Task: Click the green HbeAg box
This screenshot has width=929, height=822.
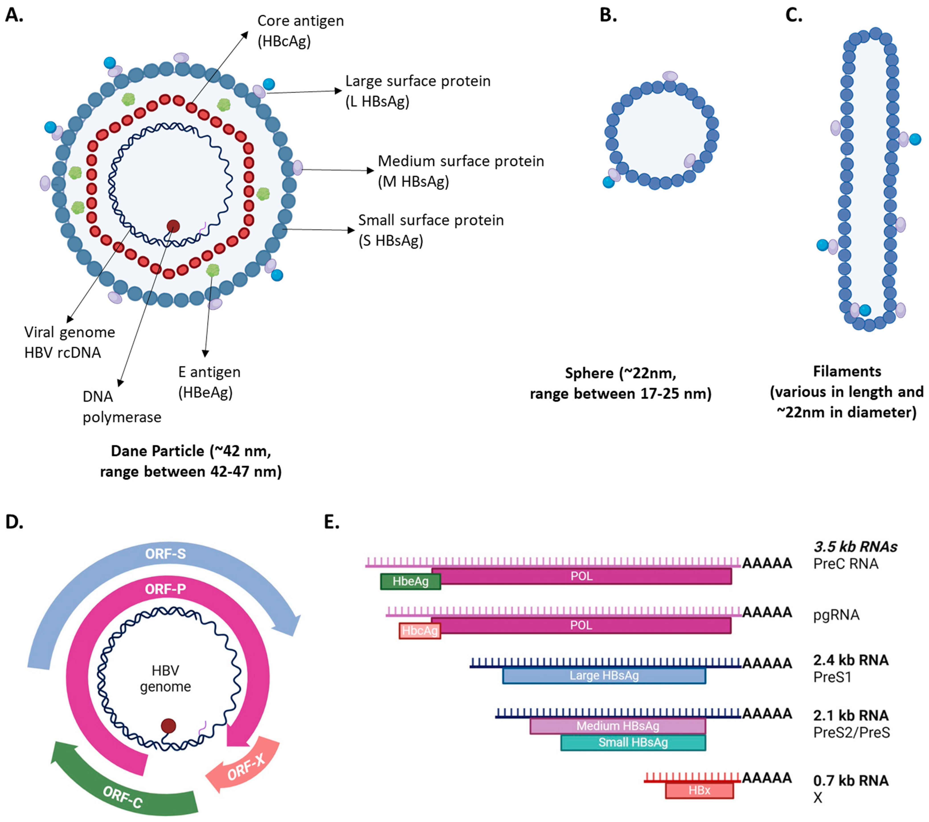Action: (x=410, y=582)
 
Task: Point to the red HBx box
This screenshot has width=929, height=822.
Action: (x=699, y=790)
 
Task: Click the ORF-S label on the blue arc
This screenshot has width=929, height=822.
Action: (x=166, y=554)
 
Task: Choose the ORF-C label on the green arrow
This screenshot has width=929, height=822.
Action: (x=123, y=797)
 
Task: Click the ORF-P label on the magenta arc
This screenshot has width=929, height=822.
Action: (x=166, y=589)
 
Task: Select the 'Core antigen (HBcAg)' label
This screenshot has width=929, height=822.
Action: (x=301, y=31)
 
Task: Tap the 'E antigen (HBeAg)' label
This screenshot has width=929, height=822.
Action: (x=209, y=382)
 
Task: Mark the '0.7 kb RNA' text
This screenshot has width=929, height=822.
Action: (x=850, y=781)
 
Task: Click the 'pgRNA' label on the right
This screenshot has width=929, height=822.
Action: (x=836, y=615)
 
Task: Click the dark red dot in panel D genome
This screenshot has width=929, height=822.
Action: (x=168, y=726)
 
